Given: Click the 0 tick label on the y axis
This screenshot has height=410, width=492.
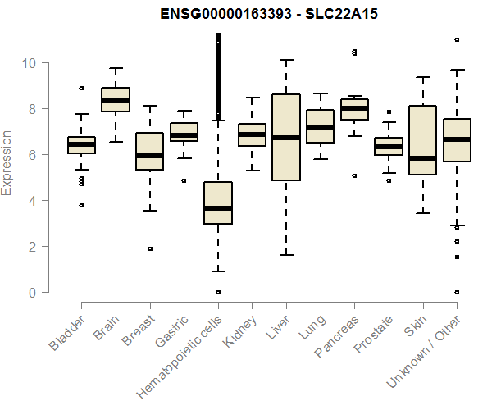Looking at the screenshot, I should pos(32,293).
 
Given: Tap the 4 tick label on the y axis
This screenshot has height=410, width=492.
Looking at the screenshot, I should pos(32,201).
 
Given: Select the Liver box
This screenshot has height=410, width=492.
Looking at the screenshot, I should pos(285,137).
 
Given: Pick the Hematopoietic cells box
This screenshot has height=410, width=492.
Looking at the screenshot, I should pos(217,203).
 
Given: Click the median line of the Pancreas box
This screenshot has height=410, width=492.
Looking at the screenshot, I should pos(354,107).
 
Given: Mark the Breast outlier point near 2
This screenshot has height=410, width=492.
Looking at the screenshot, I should pos(150,248).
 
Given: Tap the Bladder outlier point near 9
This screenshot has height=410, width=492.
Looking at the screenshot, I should pos(81,88).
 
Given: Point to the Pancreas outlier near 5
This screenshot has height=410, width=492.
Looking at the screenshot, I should pos(354,175).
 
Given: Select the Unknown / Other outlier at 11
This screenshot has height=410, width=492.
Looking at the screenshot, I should pos(456,39).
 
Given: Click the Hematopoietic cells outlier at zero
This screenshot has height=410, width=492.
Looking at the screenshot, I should pos(217,292).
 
